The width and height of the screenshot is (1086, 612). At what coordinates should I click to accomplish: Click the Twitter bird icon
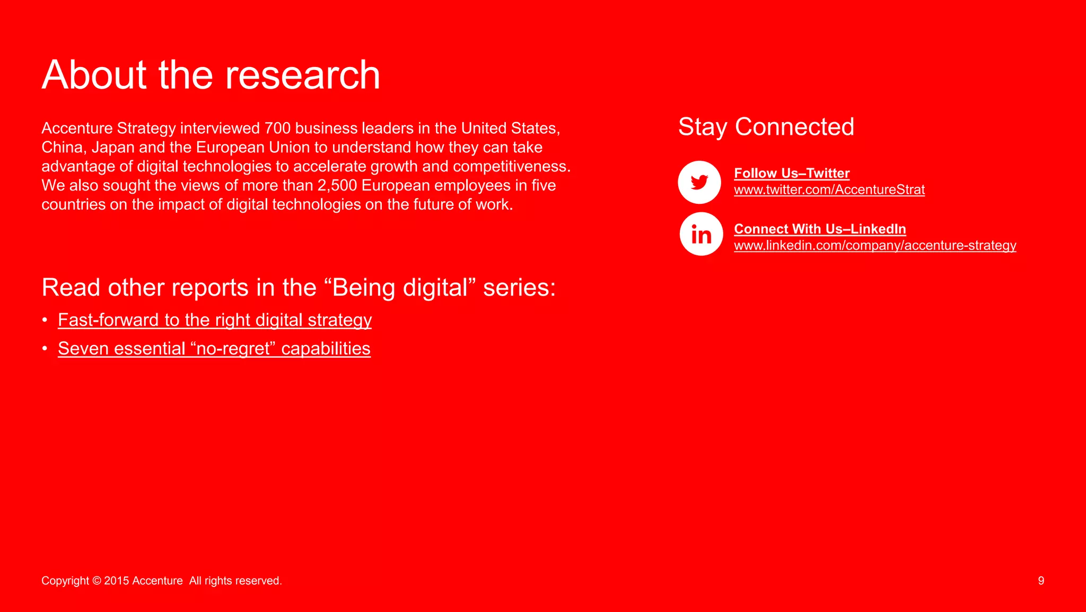coord(699,182)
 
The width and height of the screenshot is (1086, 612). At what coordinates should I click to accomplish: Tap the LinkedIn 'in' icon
coord(701,234)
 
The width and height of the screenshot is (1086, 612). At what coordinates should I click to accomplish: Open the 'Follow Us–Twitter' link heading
coord(792,173)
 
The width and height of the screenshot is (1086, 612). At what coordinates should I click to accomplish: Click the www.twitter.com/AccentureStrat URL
coord(829,189)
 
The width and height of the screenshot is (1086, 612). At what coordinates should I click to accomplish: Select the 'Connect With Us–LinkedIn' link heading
coord(820,229)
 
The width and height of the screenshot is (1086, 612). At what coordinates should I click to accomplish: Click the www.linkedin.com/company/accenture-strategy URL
coord(875,245)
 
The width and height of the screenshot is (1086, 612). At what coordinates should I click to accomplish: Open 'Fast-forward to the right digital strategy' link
coord(215,320)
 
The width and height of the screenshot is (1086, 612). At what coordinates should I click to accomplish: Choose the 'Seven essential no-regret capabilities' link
coord(214,349)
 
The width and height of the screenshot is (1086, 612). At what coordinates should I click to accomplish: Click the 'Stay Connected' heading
coord(766,127)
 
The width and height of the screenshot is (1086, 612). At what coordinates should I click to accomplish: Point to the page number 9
coord(1041,581)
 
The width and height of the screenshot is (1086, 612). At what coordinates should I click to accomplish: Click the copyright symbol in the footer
coord(97,581)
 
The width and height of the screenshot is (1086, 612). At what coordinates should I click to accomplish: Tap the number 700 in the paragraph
coord(277,128)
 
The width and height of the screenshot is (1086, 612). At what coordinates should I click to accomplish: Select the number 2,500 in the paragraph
coord(337,186)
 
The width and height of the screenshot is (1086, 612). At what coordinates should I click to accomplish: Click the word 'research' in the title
coord(302,75)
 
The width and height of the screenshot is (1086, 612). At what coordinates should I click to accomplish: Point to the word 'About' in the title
coord(94,75)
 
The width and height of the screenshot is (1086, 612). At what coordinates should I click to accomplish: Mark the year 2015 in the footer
coord(117,581)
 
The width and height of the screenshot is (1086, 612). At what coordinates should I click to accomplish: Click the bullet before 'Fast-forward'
coord(45,320)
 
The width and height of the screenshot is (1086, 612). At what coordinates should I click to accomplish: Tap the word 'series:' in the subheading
coord(519,288)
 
